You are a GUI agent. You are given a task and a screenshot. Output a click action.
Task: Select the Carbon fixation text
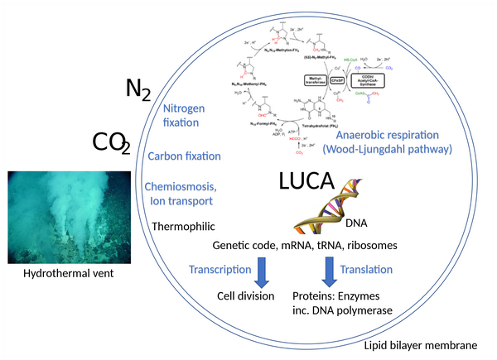(x=183, y=156)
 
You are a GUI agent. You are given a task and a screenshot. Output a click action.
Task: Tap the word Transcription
(x=220, y=269)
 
